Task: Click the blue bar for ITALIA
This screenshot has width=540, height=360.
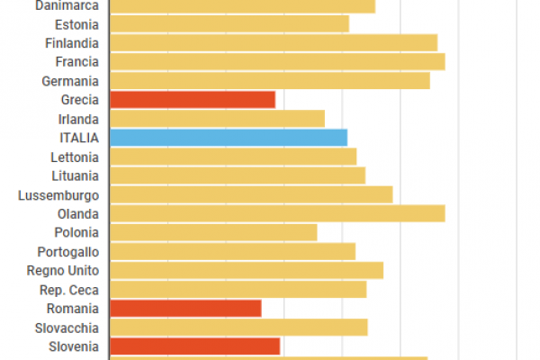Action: coord(228,138)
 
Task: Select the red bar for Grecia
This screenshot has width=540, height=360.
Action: coord(192,100)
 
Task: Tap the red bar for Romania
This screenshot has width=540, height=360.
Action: coord(184,308)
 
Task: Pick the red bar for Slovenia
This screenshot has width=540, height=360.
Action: coord(194,346)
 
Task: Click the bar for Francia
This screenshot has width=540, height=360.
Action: coord(277,61)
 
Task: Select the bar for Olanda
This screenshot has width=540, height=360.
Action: coord(277,213)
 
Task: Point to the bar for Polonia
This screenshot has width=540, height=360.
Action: coord(213,232)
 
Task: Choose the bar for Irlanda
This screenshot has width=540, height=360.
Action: coord(217,119)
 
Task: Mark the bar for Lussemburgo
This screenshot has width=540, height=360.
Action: coord(251,194)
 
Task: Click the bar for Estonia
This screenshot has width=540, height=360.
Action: coord(229,24)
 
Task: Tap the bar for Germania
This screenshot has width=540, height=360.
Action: coord(269,81)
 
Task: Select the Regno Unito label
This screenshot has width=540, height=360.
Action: coord(63,270)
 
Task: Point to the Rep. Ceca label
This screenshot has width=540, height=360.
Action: coord(69,289)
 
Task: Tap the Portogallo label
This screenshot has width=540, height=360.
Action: coord(67,251)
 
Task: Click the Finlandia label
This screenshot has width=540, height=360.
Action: coord(71,43)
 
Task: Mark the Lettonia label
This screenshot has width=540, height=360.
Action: coord(75,157)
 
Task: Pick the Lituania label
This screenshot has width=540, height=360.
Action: coord(76,175)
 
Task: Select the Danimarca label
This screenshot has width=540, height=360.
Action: coord(67,6)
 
